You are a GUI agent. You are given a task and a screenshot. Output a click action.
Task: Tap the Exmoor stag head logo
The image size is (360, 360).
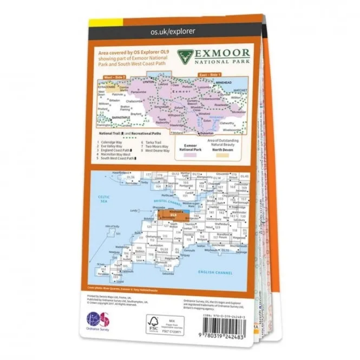tap(183, 57)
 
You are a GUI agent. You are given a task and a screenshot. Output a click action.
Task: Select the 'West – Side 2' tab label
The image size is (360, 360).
tap(114, 77)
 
